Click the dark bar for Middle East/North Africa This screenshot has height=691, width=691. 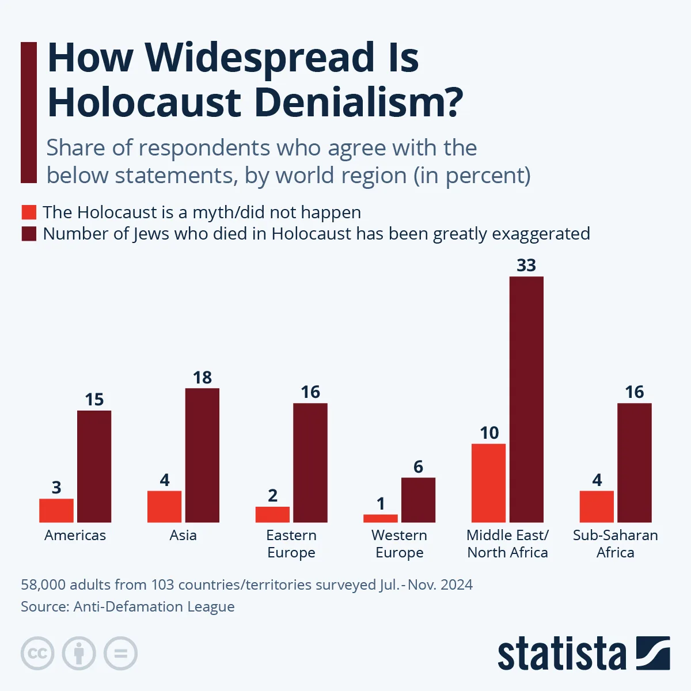526,400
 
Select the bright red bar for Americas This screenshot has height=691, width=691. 56,510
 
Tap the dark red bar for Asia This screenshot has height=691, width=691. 202,455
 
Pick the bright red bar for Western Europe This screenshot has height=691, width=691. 381,518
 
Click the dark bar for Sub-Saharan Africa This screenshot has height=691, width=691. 635,463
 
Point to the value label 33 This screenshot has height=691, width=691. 526,265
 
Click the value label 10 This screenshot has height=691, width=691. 489,433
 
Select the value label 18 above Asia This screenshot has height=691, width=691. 202,378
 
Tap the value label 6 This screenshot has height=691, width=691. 419,467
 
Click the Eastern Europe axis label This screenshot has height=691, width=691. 291,544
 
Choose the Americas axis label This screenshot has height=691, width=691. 75,536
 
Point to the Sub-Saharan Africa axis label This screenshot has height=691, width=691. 616,544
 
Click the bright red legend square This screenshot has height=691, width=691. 29,212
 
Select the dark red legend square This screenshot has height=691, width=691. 29,234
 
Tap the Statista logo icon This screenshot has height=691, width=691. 653,653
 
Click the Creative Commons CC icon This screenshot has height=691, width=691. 37,654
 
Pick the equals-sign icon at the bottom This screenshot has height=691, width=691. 120,654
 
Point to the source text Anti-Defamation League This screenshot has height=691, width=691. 154,607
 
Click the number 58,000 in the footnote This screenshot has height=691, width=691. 43,585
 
